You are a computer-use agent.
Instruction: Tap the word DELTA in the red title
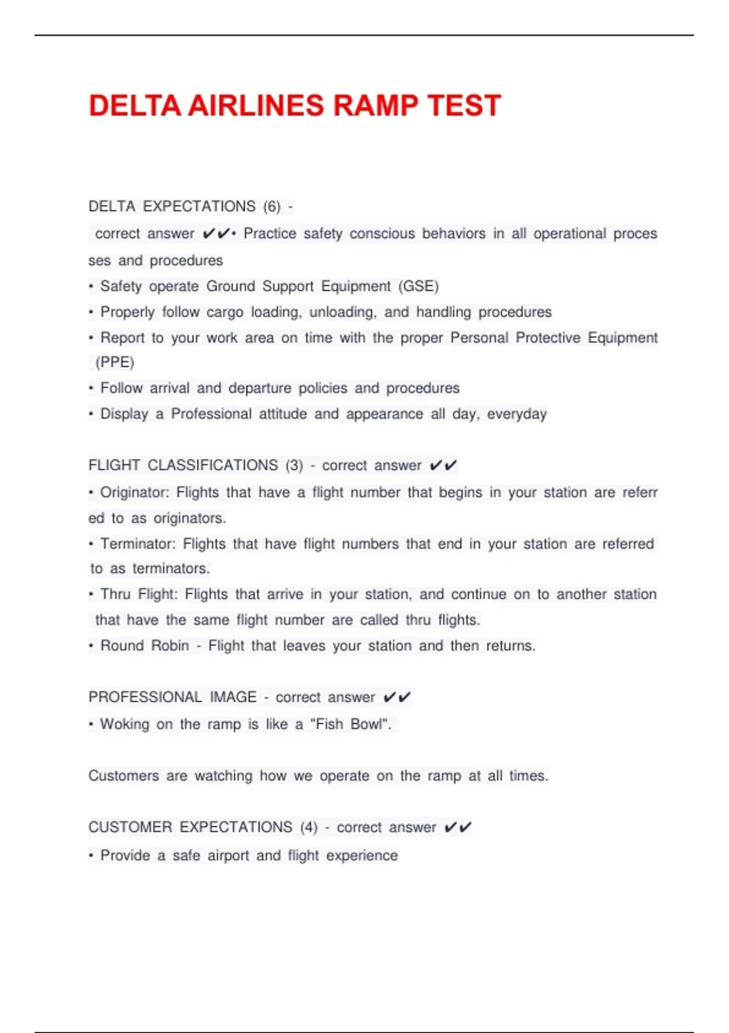click(x=134, y=106)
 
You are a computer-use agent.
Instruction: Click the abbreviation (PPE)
click(x=115, y=363)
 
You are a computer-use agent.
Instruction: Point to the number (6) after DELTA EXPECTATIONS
click(x=272, y=207)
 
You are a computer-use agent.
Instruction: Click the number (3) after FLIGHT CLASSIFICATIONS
click(x=294, y=465)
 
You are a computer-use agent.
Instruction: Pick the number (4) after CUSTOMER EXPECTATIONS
click(x=309, y=828)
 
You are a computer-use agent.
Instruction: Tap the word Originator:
click(x=134, y=492)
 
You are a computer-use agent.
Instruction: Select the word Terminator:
click(x=138, y=544)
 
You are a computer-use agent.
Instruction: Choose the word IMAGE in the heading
click(x=233, y=697)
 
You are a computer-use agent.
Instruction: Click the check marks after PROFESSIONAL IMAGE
click(x=397, y=697)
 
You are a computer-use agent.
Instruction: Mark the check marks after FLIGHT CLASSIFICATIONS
click(x=443, y=465)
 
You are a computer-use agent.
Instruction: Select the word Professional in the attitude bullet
click(x=211, y=414)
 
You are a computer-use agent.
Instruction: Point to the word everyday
click(x=516, y=414)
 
